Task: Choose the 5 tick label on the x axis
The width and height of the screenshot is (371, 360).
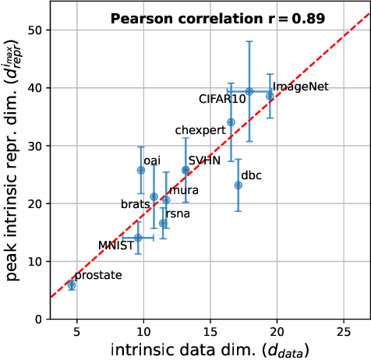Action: click(76, 331)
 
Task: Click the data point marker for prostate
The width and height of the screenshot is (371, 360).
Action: click(72, 285)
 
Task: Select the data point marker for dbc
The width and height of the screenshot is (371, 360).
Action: click(238, 185)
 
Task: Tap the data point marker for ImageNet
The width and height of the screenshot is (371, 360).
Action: click(270, 96)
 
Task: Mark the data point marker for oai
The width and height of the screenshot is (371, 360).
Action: click(141, 170)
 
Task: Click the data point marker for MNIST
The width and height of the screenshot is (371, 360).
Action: click(138, 238)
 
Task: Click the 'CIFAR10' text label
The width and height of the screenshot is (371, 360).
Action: click(222, 99)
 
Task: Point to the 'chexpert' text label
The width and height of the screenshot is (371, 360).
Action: click(200, 129)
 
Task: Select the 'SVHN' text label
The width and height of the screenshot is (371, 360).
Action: click(204, 160)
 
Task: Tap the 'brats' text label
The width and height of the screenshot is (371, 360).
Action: click(135, 204)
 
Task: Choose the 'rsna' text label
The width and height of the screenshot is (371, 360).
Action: click(178, 213)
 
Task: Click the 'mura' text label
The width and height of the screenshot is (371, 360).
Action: click(183, 190)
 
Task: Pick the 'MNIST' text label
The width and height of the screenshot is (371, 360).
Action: click(115, 245)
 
